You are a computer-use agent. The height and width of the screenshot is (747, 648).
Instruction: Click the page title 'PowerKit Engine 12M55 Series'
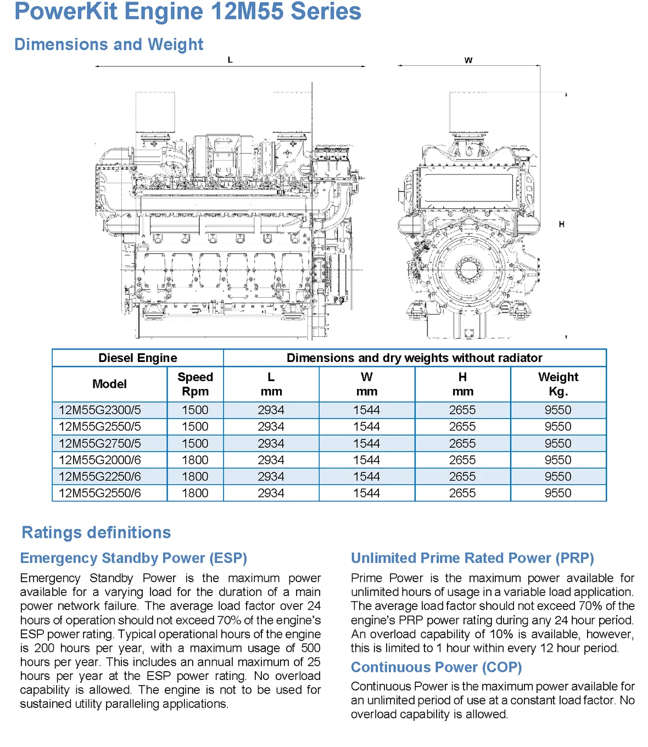[x=188, y=12]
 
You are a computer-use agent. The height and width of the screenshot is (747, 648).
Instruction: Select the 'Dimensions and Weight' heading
[x=109, y=44]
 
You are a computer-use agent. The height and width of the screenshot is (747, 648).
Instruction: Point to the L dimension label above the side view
[x=230, y=60]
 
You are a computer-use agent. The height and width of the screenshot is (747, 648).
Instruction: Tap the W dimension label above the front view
[x=468, y=60]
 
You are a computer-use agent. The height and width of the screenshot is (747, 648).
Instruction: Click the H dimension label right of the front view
[x=561, y=224]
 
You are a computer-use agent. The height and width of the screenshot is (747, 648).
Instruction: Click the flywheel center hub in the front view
[x=468, y=269]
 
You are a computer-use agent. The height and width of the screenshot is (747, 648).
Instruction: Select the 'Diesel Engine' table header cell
[x=138, y=358]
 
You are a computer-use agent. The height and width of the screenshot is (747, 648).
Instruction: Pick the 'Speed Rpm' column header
[x=195, y=384]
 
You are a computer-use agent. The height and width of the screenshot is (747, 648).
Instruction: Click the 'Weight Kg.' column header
[x=558, y=384]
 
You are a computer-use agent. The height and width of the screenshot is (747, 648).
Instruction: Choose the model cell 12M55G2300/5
[x=100, y=410]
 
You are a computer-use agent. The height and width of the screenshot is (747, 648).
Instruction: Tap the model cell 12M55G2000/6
[x=100, y=460]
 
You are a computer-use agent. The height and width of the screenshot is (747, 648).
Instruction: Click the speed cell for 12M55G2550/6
[x=195, y=493]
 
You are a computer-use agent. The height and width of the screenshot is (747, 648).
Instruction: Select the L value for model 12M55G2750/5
[x=271, y=444]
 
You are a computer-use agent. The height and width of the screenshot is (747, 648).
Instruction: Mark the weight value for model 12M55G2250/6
[x=558, y=477]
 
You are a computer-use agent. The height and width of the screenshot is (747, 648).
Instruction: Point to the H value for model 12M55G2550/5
[x=462, y=427]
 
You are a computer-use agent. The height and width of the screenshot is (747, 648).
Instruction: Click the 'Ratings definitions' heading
[x=96, y=533]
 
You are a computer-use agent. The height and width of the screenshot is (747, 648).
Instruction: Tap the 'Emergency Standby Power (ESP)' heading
[x=133, y=558]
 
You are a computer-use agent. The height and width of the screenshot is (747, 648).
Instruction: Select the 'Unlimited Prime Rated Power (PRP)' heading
[x=472, y=558]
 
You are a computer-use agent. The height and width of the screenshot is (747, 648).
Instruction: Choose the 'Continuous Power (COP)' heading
[x=436, y=667]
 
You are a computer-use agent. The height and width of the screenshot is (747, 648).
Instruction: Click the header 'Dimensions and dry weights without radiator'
[x=415, y=358]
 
